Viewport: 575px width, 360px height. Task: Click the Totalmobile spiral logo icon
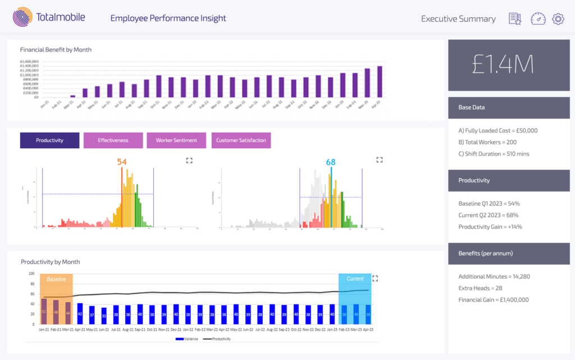pos(22,18)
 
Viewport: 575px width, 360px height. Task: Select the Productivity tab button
pos(49,140)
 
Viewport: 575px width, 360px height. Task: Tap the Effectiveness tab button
pos(113,140)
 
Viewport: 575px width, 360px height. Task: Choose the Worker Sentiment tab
pos(176,140)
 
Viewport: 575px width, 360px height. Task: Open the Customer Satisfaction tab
pos(241,140)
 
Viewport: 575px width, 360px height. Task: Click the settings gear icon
pos(558,19)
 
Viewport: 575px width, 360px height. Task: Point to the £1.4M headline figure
pos(503,65)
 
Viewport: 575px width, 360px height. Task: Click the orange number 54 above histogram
pos(122,162)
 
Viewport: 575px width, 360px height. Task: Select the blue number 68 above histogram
pos(331,162)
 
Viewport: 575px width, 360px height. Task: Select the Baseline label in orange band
pos(56,279)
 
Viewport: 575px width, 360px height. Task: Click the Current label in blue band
pos(355,279)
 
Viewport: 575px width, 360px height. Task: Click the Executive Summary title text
pos(458,19)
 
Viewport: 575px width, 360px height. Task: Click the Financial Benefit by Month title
pos(56,49)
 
